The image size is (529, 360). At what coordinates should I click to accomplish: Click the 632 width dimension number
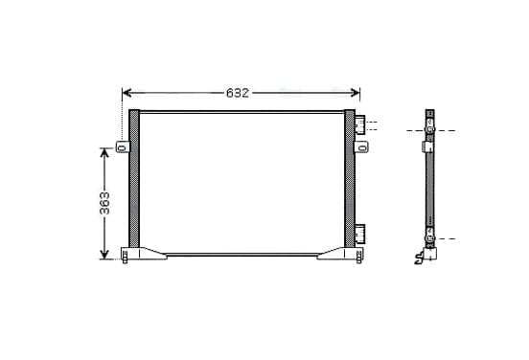coord(238,93)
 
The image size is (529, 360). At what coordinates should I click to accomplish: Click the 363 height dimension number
coord(104,203)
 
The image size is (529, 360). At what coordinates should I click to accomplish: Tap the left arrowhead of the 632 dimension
coord(126,93)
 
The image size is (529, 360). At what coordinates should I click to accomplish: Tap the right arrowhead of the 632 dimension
coord(356,93)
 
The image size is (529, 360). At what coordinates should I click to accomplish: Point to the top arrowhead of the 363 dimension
coord(104,152)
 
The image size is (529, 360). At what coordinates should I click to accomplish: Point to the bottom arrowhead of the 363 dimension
coord(104,255)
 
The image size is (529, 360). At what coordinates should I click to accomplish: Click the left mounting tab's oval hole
coord(122,147)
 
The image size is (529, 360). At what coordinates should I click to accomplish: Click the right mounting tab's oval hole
coord(362,148)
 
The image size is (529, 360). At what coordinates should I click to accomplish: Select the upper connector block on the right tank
coord(360,124)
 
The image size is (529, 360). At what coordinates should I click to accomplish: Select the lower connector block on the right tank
coord(360,234)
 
